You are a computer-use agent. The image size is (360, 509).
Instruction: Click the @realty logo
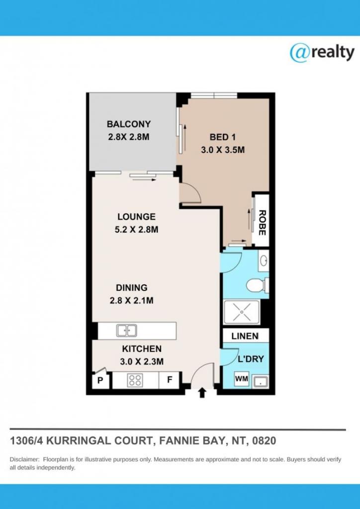tap(322, 53)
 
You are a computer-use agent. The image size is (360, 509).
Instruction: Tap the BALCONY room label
tap(128, 124)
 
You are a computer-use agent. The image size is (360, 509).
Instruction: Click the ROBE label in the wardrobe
tap(262, 223)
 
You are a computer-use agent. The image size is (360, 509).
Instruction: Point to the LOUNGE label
tap(136, 217)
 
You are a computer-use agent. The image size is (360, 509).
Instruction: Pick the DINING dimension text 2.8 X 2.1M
tap(132, 300)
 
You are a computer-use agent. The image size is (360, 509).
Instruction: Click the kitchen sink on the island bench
tap(127, 330)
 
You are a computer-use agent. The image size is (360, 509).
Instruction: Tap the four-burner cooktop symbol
tap(135, 381)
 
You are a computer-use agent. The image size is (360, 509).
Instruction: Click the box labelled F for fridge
tap(169, 381)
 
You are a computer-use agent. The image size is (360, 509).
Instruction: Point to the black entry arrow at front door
tap(202, 393)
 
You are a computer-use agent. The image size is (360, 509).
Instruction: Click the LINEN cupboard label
tap(245, 336)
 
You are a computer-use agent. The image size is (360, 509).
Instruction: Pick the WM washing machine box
tap(241, 379)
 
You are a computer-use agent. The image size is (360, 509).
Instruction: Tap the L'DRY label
tap(251, 358)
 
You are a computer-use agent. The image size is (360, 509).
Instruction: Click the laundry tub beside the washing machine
tap(260, 382)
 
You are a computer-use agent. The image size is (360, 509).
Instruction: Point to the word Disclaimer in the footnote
tap(24, 460)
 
